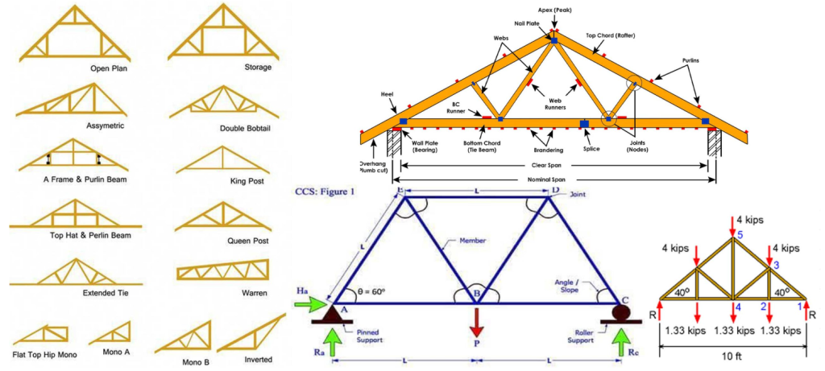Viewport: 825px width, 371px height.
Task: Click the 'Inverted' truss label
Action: pos(258,359)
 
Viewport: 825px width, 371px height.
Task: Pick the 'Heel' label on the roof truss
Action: pos(387,94)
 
